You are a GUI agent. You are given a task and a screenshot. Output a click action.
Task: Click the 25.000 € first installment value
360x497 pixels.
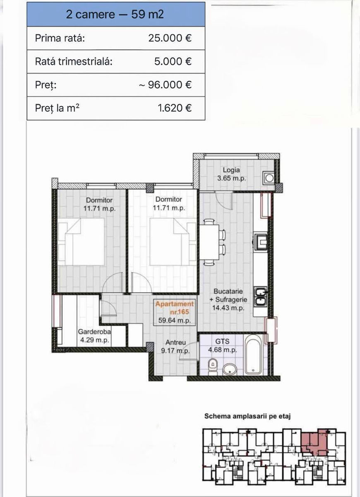pos(170,38)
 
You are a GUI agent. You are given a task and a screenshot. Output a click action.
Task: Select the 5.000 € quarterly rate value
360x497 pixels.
pos(173,61)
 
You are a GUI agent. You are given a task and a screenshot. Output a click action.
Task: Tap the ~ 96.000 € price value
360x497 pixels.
pos(165,85)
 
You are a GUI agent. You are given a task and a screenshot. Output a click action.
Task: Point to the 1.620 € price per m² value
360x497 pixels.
pos(175,108)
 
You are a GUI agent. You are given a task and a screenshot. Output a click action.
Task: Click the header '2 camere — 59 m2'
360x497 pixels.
pos(115,14)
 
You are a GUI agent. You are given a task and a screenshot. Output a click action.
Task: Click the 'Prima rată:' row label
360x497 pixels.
pos(60,38)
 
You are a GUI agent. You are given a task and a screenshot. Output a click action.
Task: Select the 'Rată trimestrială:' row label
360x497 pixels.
pos(74,61)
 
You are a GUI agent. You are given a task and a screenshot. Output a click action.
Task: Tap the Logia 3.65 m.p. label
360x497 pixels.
pos(231,174)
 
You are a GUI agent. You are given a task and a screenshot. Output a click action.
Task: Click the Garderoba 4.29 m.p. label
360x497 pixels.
pos(94,336)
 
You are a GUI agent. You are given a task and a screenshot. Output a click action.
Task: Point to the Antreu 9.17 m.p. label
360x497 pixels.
pos(175,347)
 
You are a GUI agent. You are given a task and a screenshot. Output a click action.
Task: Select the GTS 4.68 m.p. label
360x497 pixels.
pos(222,345)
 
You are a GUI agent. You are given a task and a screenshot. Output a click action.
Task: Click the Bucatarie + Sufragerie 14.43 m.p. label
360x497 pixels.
pos(228,299)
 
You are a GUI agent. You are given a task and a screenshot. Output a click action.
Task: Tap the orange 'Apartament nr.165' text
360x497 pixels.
pos(175,308)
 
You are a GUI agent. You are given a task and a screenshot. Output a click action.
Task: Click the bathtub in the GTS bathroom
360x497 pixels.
pos(253,355)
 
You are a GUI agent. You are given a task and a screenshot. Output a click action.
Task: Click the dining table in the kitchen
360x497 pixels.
pos(209,242)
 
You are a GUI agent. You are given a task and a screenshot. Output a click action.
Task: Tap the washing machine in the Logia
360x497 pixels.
pos(269,178)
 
